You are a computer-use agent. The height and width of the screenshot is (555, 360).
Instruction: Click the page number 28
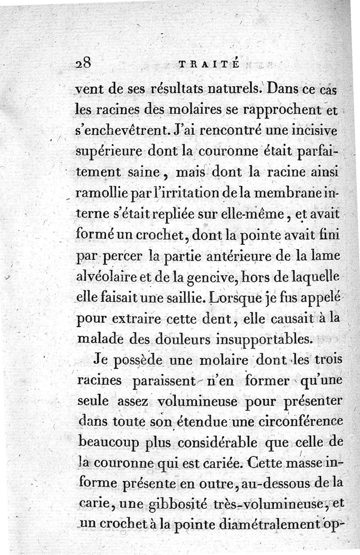click(84, 63)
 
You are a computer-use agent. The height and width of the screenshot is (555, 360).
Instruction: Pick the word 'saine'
click(144, 173)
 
